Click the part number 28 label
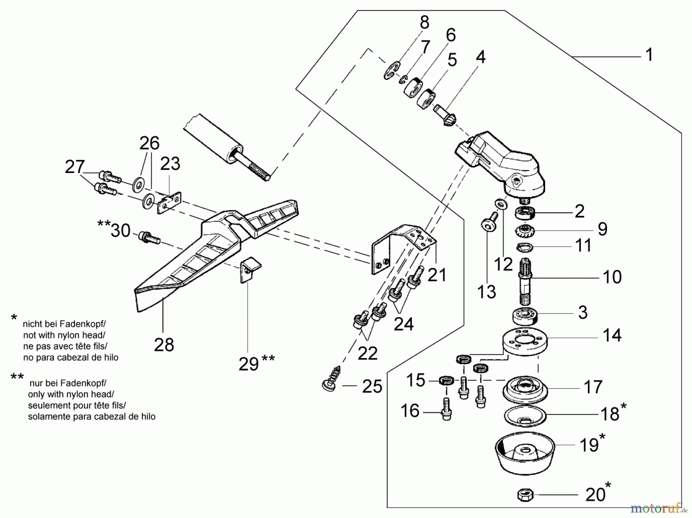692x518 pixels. coord(164,345)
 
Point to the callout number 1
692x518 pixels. coord(649,55)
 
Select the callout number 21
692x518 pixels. coord(437,275)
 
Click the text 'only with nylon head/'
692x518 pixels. coord(71,394)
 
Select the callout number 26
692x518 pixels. coord(149,143)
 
